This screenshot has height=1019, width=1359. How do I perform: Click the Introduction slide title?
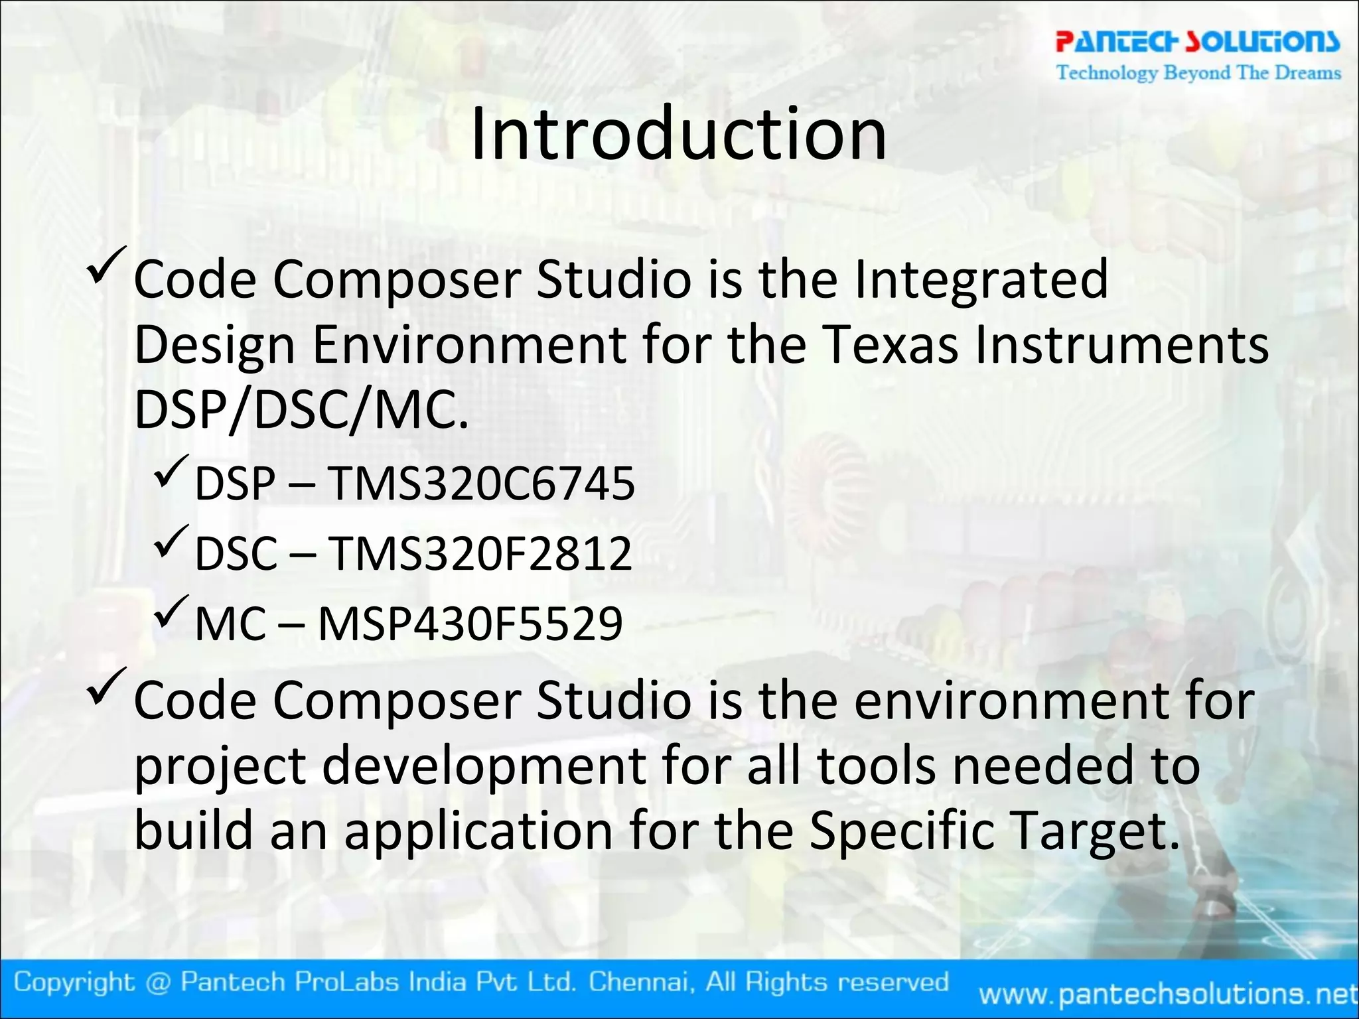[x=678, y=135]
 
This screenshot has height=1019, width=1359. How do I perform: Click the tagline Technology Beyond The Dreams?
[x=1198, y=72]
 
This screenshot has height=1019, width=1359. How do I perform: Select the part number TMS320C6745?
[x=482, y=483]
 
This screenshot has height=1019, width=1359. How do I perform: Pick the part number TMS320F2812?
[x=480, y=553]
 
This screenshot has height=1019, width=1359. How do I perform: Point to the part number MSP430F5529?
[x=470, y=624]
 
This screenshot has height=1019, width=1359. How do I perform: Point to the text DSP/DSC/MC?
[x=301, y=410]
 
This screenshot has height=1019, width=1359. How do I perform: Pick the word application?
[x=478, y=831]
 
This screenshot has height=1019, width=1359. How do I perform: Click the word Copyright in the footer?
[x=74, y=982]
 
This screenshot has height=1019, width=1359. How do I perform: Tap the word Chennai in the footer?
[x=642, y=981]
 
